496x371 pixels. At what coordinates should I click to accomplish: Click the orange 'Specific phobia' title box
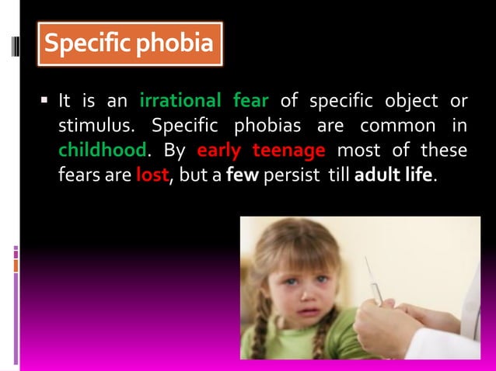[x=129, y=44]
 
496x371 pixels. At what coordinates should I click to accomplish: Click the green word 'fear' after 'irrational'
[x=250, y=102]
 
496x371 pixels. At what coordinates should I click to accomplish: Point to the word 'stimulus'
[x=99, y=126]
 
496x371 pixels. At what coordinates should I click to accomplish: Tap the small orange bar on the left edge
[x=16, y=265]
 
